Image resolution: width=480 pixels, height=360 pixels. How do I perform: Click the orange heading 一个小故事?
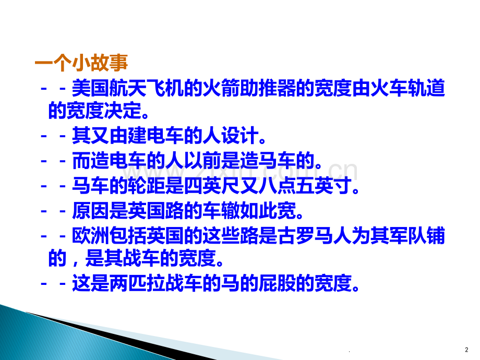click(x=81, y=64)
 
